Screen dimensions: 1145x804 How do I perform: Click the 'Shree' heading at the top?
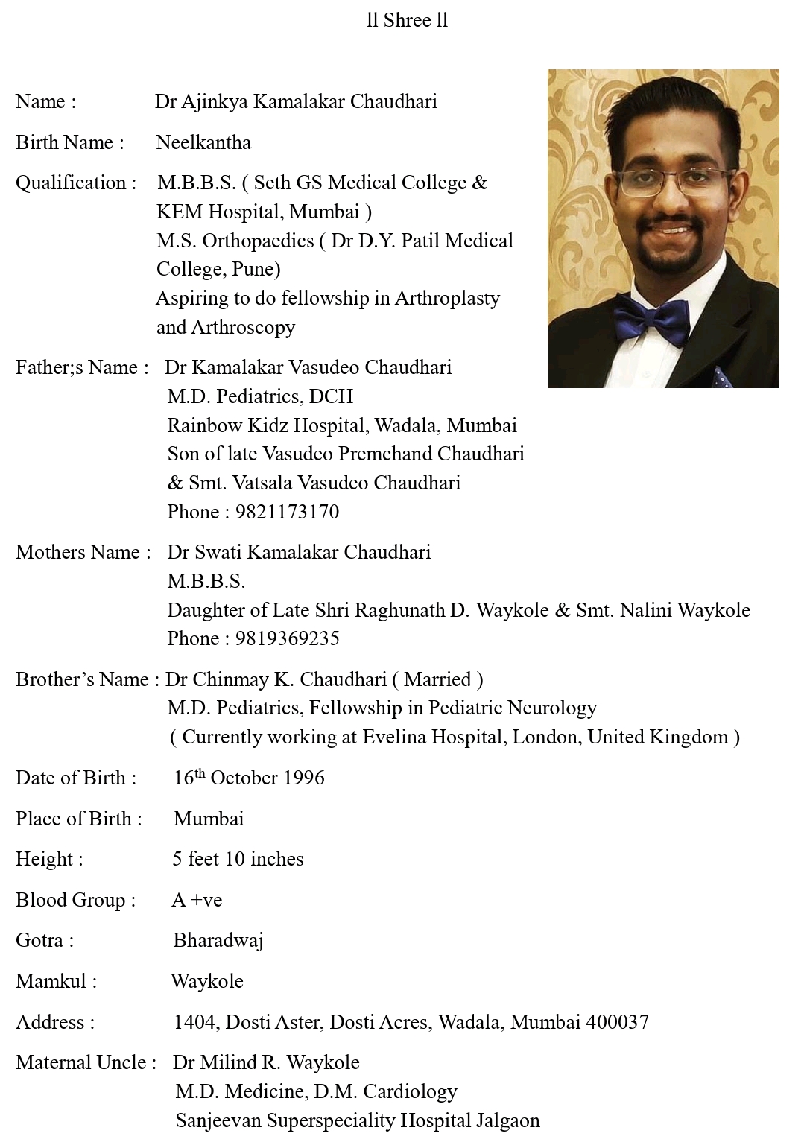406,21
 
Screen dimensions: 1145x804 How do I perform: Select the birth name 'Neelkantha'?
203,142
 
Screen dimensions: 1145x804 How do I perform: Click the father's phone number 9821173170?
287,512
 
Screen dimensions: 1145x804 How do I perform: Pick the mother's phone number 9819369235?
287,638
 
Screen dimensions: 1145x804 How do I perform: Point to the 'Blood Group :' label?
75,900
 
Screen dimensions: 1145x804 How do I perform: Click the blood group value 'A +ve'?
197,900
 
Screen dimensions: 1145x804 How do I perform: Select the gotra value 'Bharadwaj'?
218,940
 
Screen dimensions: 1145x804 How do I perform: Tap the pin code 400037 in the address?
617,1022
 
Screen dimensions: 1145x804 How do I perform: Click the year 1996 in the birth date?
303,778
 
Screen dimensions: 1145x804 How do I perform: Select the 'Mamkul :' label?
56,981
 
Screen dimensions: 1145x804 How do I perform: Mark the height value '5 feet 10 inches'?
238,859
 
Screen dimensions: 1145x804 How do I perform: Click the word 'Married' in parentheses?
437,679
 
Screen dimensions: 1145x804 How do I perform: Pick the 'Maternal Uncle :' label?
86,1062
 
